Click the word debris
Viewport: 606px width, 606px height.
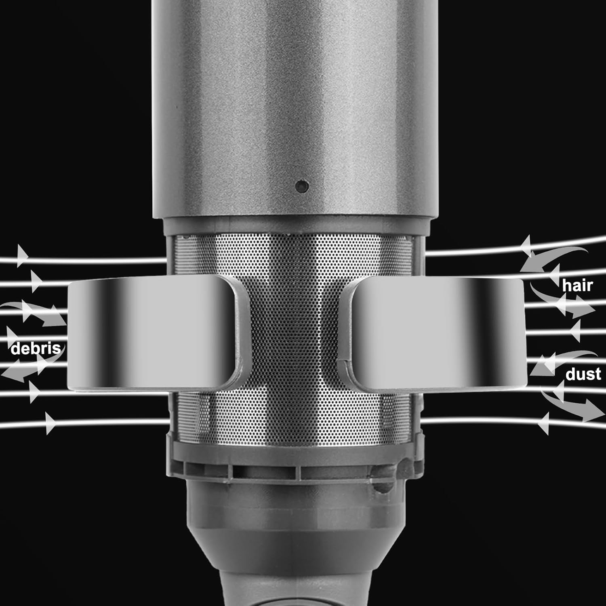pos(36,348)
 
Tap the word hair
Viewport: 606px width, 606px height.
pos(577,286)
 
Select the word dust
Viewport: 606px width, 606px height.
pos(583,374)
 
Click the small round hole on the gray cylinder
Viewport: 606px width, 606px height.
pos(302,186)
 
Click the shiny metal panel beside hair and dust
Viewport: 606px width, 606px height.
pos(438,333)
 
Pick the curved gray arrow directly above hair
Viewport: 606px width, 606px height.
pos(553,259)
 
